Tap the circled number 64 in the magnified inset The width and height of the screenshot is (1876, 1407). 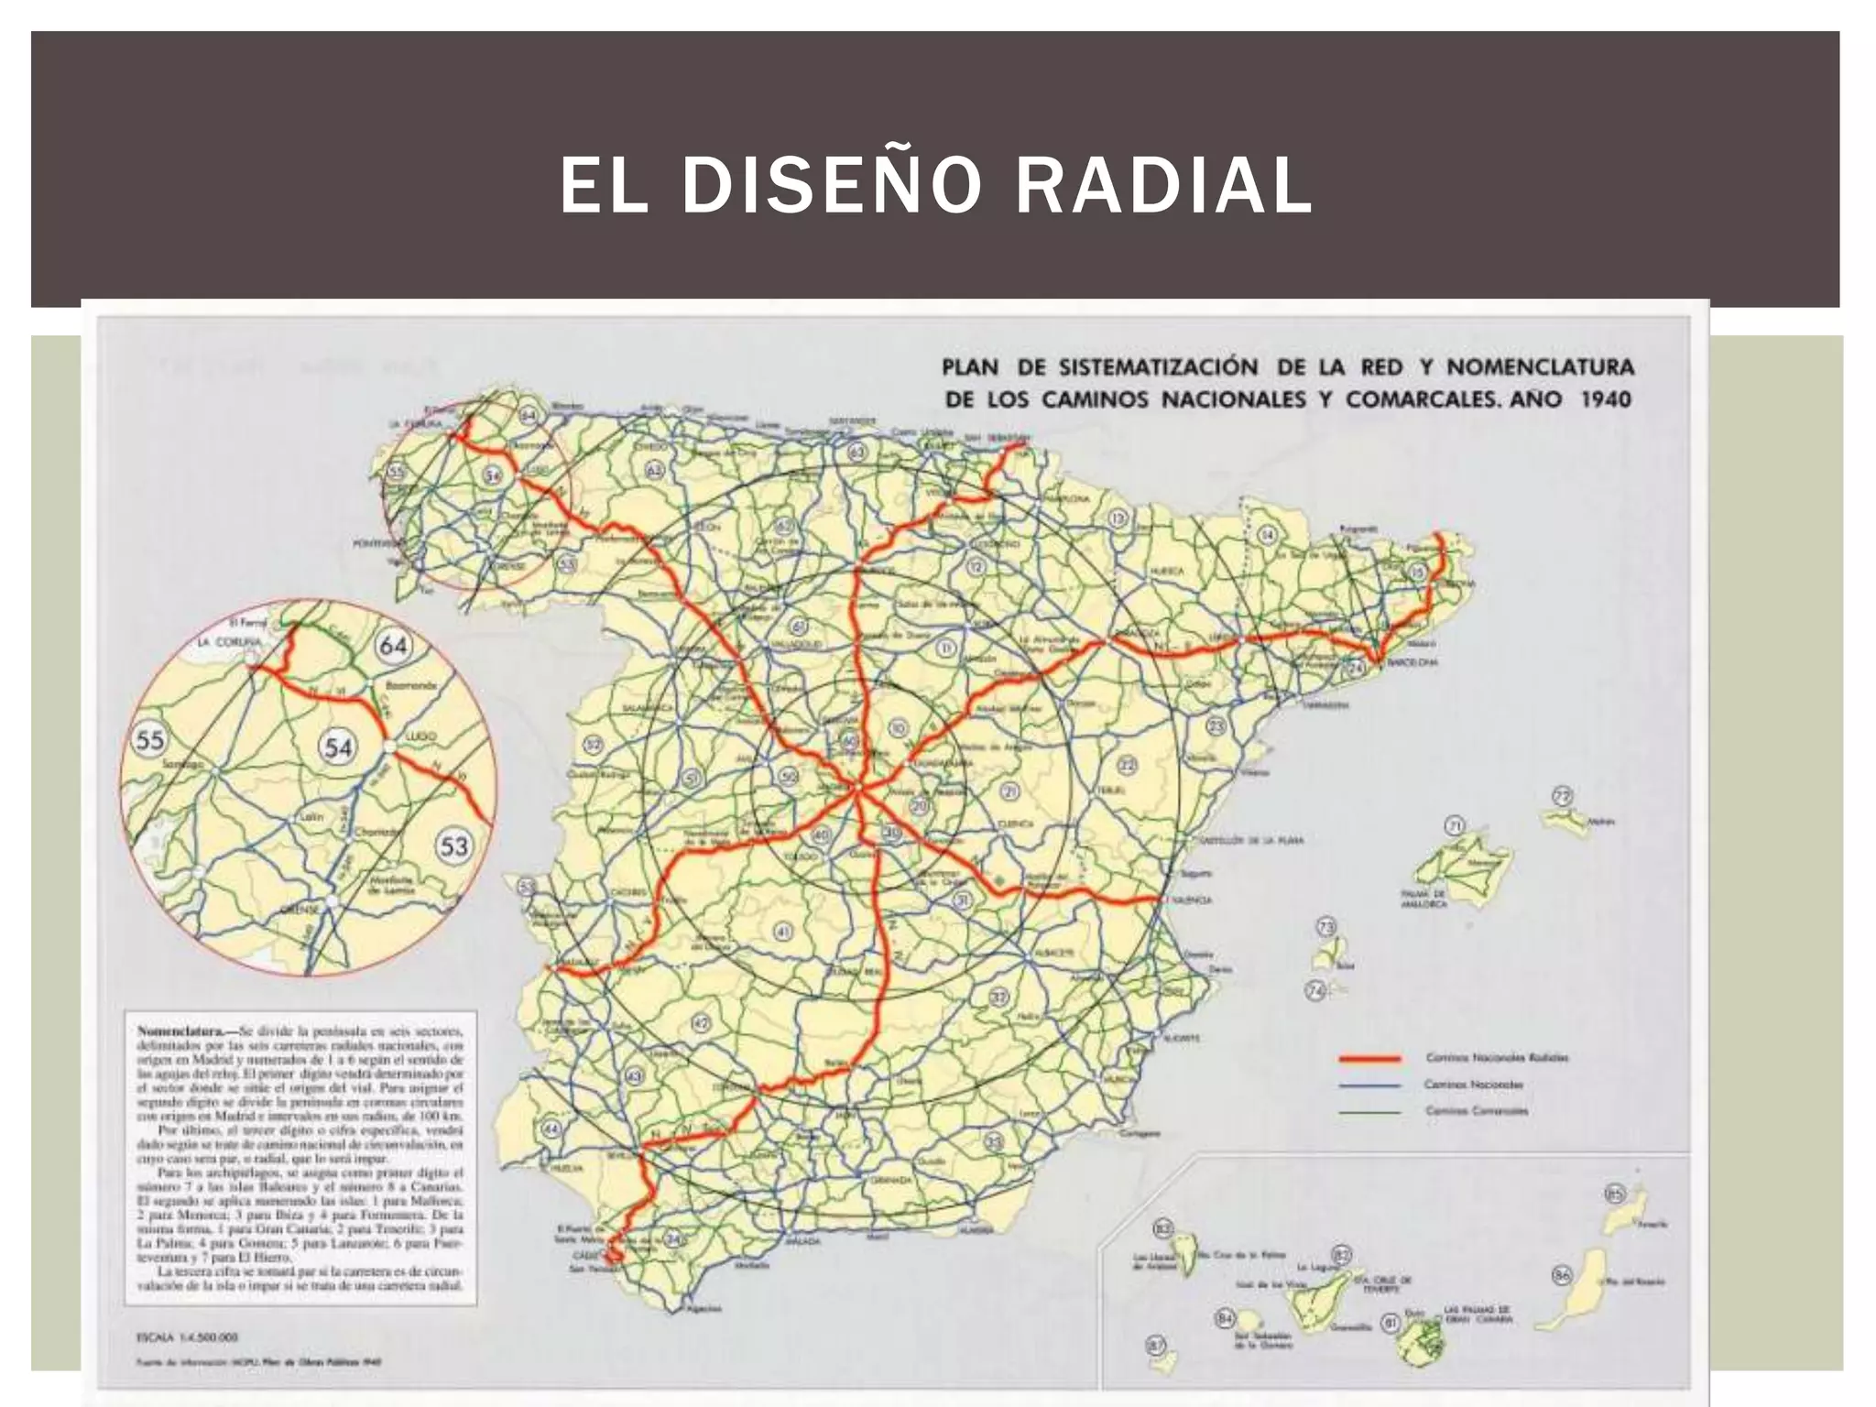[393, 645]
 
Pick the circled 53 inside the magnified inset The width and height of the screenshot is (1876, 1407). [454, 845]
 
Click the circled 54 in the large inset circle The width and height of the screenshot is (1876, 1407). [338, 747]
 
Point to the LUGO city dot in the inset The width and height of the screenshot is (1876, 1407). [389, 747]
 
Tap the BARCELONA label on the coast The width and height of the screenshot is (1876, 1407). [1411, 661]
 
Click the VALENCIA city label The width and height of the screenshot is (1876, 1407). [1194, 900]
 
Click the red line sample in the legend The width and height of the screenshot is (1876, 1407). [1369, 1059]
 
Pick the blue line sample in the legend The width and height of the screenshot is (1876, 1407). [1369, 1085]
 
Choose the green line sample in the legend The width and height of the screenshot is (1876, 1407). [1369, 1112]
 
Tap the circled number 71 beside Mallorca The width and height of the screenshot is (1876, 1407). [1454, 826]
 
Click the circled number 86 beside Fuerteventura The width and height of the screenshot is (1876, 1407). [1563, 1275]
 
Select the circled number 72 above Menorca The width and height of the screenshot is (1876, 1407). [1562, 795]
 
